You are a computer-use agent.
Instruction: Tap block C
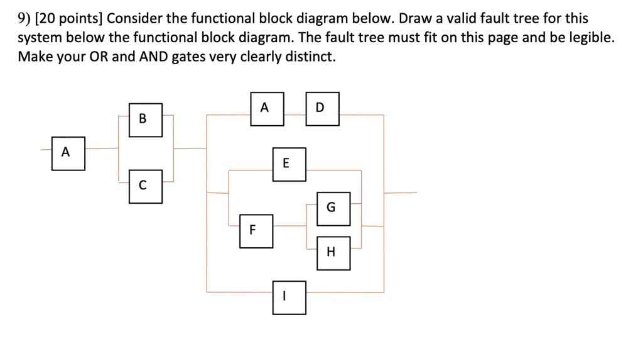[146, 186]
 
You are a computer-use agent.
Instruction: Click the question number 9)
[25, 19]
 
